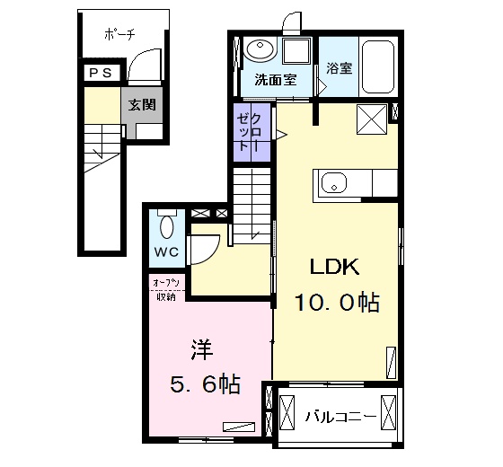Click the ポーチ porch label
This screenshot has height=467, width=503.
coord(119,34)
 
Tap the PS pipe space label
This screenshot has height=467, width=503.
coord(101,73)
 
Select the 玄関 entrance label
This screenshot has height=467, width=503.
coord(142,105)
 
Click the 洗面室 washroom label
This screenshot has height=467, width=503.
coord(276,80)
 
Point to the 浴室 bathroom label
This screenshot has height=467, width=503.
coord(340,68)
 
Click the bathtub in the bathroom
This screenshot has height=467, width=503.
coord(378,66)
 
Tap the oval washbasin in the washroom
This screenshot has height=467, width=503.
coord(260,50)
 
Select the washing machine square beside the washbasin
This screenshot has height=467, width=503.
coord(296,51)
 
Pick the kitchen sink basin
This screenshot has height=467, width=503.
coord(333,183)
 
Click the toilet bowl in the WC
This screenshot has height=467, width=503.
coord(166,226)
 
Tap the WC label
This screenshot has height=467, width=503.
coord(166,252)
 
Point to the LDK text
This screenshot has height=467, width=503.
coord(334,267)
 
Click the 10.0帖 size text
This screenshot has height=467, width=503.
coord(337,302)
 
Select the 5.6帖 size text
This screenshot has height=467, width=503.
coord(205,384)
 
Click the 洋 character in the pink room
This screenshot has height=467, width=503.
coord(202,349)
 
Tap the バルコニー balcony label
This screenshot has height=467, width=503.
coord(340,417)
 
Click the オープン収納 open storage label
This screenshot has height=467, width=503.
coord(166,290)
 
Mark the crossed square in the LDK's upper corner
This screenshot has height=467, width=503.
coord(372,119)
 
